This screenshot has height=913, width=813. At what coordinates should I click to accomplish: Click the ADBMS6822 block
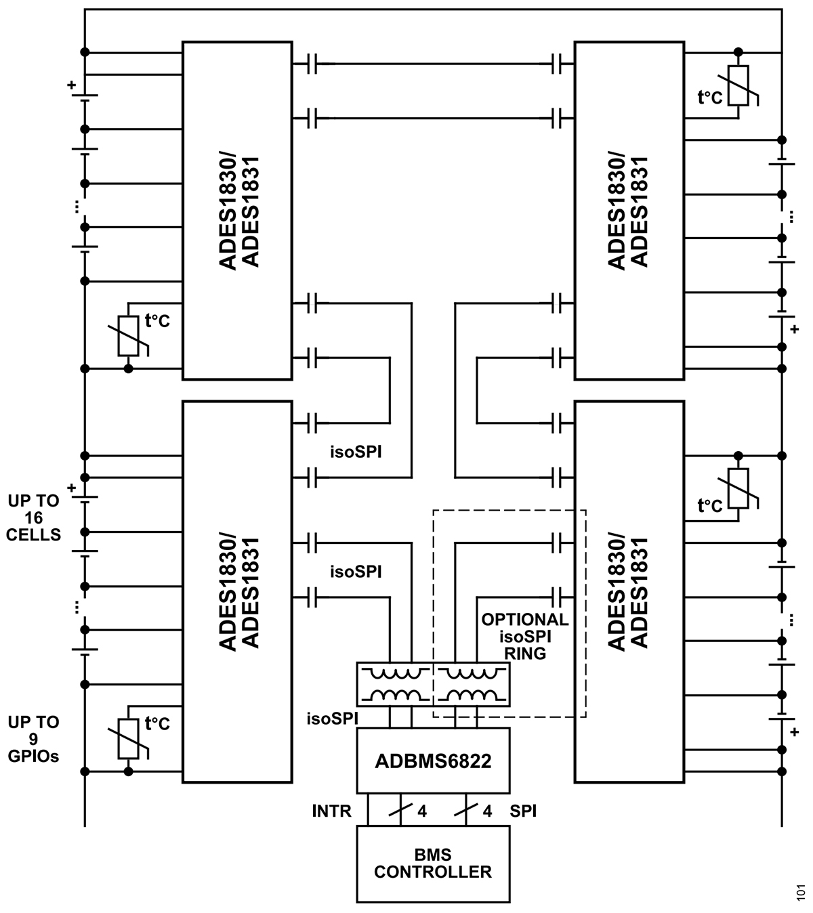click(x=433, y=760)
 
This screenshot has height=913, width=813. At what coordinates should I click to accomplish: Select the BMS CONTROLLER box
click(x=433, y=864)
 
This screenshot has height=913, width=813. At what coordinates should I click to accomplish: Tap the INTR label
click(x=332, y=811)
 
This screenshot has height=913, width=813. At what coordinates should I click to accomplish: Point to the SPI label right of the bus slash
click(x=523, y=811)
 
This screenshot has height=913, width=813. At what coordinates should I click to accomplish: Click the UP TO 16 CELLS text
click(x=34, y=517)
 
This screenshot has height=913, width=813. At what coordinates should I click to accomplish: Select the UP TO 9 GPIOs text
click(x=34, y=739)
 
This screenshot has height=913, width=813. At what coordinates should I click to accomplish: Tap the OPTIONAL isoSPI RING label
click(x=525, y=637)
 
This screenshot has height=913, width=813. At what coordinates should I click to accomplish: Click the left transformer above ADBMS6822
click(x=394, y=685)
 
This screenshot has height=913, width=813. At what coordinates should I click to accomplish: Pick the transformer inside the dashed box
click(x=472, y=685)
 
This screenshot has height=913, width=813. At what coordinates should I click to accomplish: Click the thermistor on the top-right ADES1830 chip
click(x=738, y=86)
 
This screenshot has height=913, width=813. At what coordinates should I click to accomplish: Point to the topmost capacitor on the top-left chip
click(x=312, y=64)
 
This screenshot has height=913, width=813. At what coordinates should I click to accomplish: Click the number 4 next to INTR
click(x=422, y=811)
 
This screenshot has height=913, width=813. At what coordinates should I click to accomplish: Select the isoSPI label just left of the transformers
click(x=332, y=719)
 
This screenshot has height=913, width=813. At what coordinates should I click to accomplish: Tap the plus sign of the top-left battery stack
click(x=71, y=85)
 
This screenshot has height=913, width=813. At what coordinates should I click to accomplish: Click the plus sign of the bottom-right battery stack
click(x=794, y=731)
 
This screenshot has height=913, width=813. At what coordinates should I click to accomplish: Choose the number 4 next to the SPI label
click(x=487, y=811)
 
